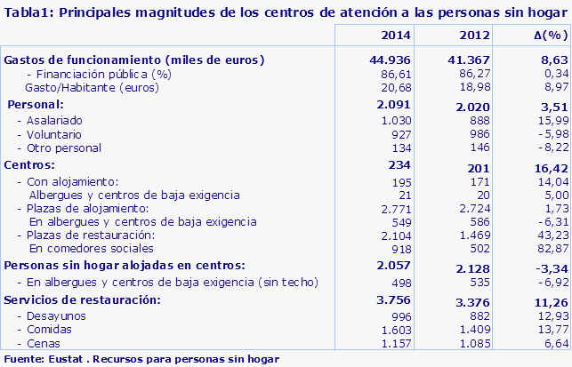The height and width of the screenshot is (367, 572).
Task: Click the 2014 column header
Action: [x=394, y=35]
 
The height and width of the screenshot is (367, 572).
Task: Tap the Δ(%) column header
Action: [x=544, y=35]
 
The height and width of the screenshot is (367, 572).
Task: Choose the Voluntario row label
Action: [x=54, y=134]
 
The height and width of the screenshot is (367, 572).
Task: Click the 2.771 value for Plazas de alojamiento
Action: [x=398, y=207]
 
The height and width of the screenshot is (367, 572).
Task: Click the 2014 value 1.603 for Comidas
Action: [x=398, y=331]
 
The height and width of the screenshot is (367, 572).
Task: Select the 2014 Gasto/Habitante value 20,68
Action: [x=398, y=88]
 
